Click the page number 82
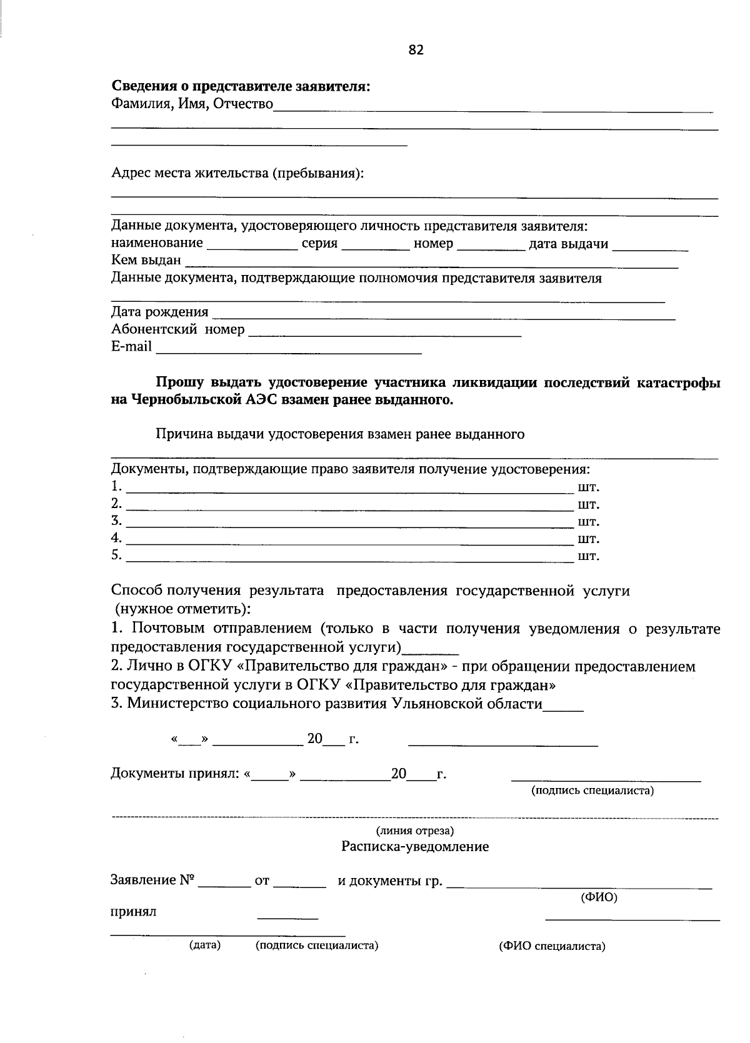416,50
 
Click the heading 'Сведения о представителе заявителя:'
241,87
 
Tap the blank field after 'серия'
376,246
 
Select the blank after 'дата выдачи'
650,246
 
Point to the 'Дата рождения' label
160,312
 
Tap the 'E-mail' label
131,346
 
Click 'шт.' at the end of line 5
589,556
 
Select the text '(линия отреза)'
414,831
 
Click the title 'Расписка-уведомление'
415,847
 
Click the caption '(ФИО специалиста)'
552,946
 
